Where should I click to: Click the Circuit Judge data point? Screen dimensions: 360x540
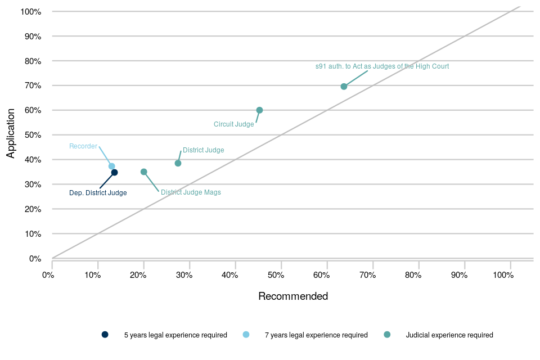click(259, 110)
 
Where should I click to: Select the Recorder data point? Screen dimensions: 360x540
click(111, 166)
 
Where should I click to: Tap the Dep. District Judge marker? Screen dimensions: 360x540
click(114, 173)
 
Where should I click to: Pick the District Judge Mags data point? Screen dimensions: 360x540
click(143, 172)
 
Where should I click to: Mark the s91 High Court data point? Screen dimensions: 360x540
click(344, 87)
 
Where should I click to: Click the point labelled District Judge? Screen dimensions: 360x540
click(178, 163)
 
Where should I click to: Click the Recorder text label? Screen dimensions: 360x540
click(83, 146)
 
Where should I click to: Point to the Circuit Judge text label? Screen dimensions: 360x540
click(234, 124)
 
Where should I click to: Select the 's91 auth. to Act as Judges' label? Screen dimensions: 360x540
click(382, 66)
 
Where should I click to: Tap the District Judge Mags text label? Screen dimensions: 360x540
click(191, 192)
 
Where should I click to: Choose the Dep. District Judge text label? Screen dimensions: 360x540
click(98, 193)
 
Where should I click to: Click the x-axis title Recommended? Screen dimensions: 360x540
click(292, 296)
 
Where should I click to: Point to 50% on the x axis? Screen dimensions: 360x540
click(276, 275)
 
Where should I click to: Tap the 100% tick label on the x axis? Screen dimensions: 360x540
click(503, 275)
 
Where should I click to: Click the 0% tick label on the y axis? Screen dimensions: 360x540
click(35, 259)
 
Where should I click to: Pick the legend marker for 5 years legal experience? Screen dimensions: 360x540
click(105, 335)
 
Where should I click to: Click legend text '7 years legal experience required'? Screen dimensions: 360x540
click(316, 335)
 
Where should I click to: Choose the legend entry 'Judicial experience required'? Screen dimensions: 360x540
click(449, 335)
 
